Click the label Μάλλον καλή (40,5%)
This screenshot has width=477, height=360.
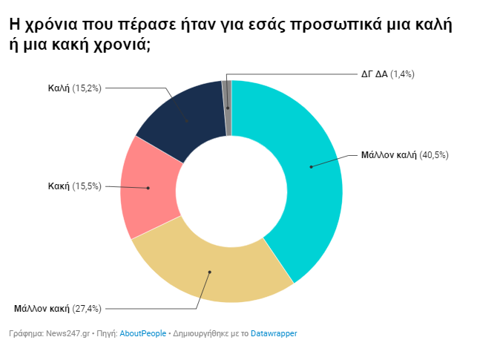(404, 155)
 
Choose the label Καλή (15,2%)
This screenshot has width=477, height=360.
(74, 88)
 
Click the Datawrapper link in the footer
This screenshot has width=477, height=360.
(274, 333)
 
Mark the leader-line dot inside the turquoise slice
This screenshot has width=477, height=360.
(311, 167)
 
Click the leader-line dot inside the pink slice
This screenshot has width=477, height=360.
(148, 188)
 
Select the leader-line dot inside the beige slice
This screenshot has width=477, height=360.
(210, 272)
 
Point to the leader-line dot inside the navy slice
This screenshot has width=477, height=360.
(187, 121)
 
